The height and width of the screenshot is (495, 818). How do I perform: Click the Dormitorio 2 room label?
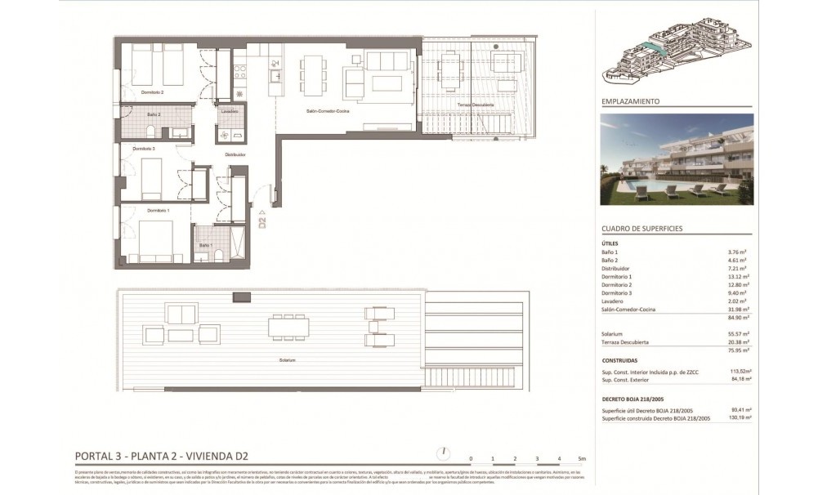[153, 93]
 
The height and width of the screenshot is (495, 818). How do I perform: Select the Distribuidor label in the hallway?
[235, 154]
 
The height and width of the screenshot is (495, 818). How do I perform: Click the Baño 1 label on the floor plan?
[205, 245]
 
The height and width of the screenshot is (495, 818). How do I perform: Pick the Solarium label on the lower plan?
[287, 359]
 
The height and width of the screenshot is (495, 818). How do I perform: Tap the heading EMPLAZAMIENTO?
[630, 102]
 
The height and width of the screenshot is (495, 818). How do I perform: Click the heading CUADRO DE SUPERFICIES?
[641, 229]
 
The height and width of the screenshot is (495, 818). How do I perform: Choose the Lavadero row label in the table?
[614, 301]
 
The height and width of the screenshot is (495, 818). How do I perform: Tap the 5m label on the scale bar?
[582, 458]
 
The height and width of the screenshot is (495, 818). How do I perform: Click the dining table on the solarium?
[287, 327]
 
